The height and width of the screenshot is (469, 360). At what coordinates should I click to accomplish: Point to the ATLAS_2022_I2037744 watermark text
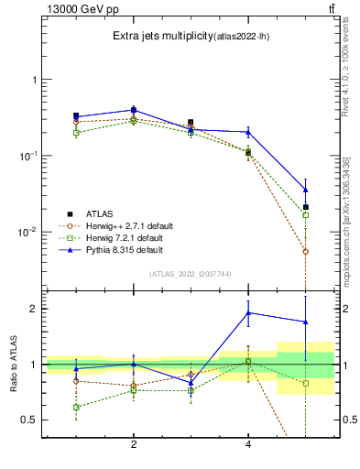tap(191, 274)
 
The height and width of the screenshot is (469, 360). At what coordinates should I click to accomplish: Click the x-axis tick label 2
tap(134, 444)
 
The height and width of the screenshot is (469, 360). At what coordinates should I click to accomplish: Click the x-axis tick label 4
tap(248, 444)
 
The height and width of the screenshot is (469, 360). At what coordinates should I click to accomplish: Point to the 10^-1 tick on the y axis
tap(29, 156)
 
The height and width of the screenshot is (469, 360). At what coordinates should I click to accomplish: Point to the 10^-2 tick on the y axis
tap(29, 232)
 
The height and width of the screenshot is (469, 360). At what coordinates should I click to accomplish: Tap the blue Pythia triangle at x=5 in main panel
tap(306, 190)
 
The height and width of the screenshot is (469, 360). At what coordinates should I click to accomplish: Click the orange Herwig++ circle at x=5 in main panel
tap(306, 251)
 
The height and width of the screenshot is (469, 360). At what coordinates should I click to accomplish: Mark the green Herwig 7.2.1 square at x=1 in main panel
tap(76, 133)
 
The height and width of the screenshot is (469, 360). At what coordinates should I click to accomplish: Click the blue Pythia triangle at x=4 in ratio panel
tap(248, 312)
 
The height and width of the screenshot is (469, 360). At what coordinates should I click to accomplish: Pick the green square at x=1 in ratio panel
tap(76, 407)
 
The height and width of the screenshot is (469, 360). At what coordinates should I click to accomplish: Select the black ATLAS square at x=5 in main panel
tap(306, 207)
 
